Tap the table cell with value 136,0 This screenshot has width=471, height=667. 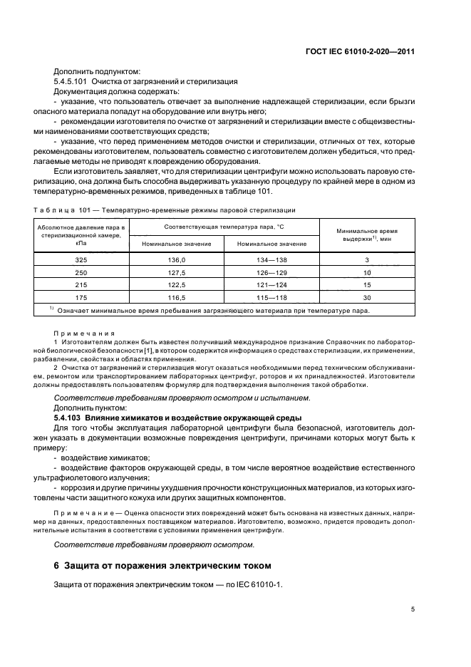pos(176,261)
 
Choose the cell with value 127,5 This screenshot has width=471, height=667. pos(176,272)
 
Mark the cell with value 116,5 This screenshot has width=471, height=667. pos(176,296)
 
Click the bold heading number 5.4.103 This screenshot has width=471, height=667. pos(69,416)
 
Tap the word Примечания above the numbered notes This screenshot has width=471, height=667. pos(78,333)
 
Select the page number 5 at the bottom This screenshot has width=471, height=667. pos(413,610)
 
